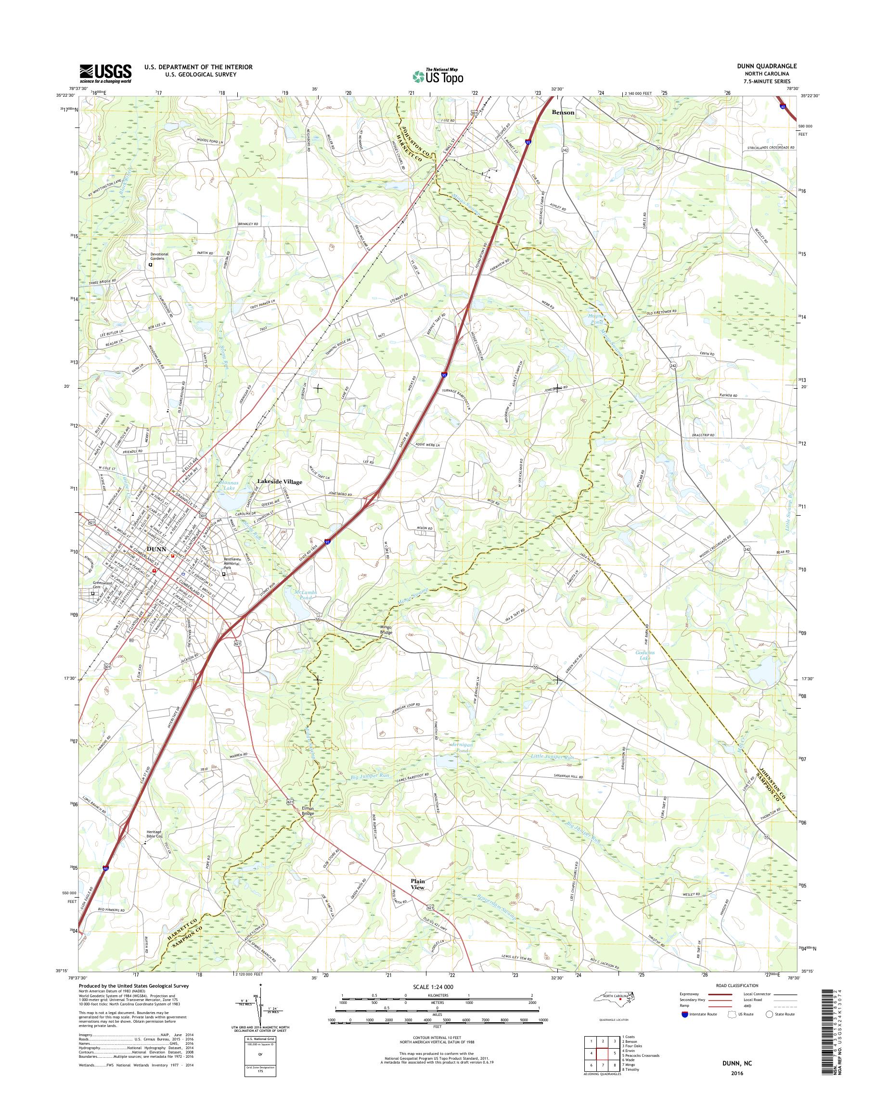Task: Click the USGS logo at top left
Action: click(105, 73)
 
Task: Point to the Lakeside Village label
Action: click(280, 482)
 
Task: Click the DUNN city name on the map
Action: click(156, 548)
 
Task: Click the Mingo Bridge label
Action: click(386, 630)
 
